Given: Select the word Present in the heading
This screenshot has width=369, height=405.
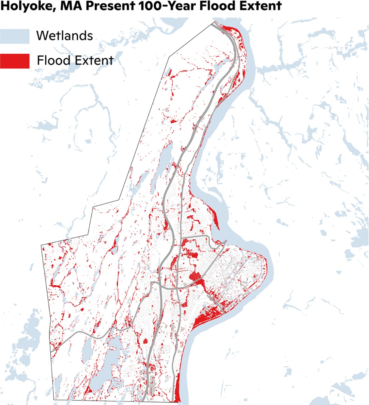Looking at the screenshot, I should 98,6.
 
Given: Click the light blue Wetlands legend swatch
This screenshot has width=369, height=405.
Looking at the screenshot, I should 15,36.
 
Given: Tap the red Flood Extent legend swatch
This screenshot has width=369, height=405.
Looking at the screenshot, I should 15,61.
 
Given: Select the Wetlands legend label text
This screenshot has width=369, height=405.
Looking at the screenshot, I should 65,36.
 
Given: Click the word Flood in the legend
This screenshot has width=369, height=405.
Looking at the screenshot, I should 54,61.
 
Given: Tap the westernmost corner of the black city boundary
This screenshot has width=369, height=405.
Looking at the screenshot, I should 41,245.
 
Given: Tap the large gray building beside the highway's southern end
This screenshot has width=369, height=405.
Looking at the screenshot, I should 152,385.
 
